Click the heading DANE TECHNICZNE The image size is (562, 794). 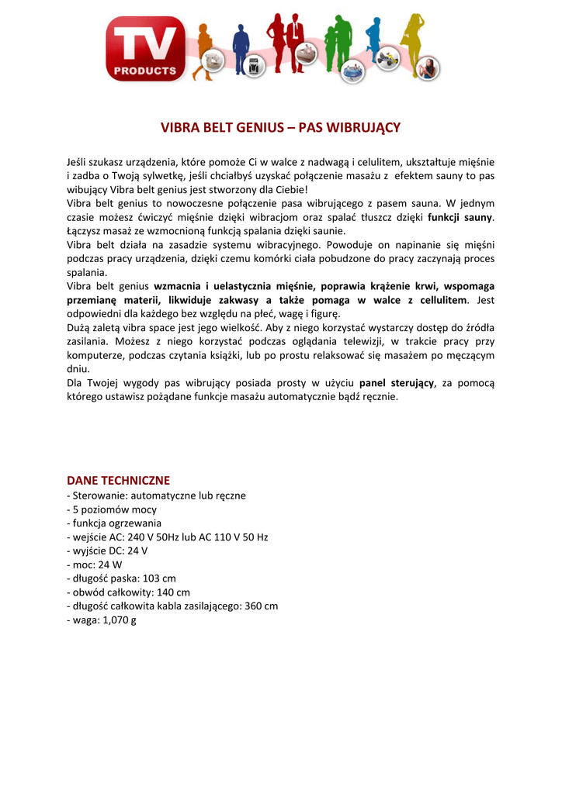coord(118,481)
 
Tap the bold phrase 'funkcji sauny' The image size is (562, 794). coord(460,217)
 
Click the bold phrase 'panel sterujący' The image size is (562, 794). coord(396,383)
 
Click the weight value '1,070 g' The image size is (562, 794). coord(119,620)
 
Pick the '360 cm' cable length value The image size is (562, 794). coord(261,606)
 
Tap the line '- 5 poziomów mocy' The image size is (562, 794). coord(112,509)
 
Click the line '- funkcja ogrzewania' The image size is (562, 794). coord(114,523)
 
